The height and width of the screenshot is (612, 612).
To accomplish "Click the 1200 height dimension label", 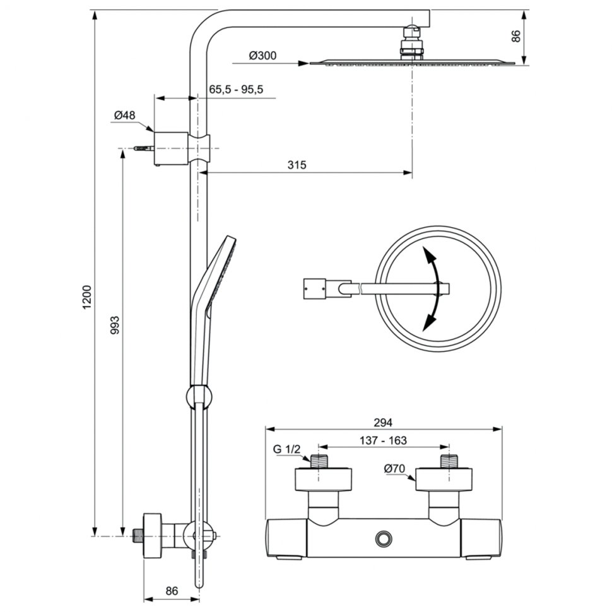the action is pos(86,297).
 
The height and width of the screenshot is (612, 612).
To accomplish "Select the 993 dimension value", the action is pos(115,325).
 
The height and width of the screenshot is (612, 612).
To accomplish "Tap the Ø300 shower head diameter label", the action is pos(262,56).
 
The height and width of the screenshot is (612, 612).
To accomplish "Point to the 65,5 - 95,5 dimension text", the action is pos(236,90).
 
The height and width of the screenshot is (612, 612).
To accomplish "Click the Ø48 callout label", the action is pos(124,115).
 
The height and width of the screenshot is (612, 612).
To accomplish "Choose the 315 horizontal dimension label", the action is pos(297,165).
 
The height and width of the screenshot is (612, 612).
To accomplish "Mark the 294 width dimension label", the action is pos(383,422).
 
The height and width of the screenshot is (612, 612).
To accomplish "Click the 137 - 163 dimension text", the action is pos(383,440).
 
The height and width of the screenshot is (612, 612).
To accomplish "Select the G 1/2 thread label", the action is pos(286,449).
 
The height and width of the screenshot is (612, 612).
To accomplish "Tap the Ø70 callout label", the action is pos(394,468).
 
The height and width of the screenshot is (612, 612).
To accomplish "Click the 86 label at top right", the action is pos(516,37).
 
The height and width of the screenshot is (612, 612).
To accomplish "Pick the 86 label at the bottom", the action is pos(172,591).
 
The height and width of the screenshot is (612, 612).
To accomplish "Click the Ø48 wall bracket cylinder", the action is pos(172,148).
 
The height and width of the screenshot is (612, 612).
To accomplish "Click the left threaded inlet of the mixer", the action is pos(319,461).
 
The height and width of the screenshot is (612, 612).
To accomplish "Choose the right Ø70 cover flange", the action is pos(445,480).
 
